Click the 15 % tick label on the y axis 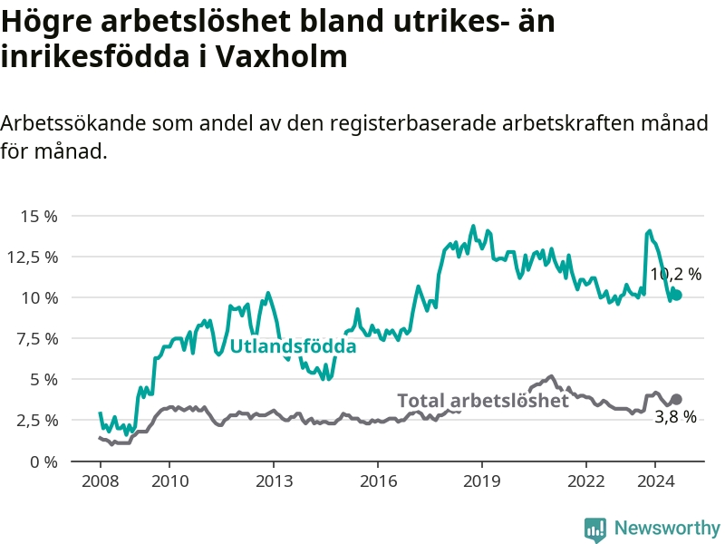39,216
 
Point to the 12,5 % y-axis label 33,257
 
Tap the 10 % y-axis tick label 39,297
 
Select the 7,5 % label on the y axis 36,338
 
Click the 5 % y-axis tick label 43,379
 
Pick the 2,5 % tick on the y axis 36,420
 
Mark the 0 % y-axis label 43,461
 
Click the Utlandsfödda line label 293,346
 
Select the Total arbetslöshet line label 483,401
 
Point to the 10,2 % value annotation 676,274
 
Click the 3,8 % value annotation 676,417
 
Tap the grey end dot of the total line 676,399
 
